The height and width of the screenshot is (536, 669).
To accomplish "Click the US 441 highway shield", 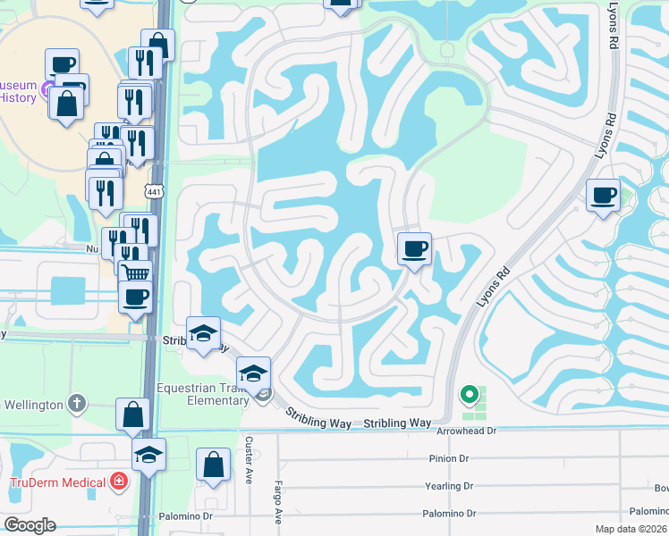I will coord(154,191).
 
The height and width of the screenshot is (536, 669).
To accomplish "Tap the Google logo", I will coord(30,524).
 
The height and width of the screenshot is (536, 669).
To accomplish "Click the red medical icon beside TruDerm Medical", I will coord(118,482).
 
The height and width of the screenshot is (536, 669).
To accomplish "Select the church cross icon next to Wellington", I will coord(77,404).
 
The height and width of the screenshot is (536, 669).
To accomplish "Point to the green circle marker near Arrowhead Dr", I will coord(468,393).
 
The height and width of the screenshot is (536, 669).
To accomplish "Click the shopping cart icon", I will coord(135,273).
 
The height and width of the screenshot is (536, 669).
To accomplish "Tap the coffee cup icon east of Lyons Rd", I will coord(603,194).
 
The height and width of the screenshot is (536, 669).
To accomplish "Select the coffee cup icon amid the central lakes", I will coord(414,248).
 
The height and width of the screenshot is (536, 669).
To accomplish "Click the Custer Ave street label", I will coord(250,461).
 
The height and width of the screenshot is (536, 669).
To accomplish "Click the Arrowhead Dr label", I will coord(466,431).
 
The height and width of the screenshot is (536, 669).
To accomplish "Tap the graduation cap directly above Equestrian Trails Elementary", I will coord(253,372).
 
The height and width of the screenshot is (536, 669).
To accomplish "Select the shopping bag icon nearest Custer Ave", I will coord(213,465).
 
